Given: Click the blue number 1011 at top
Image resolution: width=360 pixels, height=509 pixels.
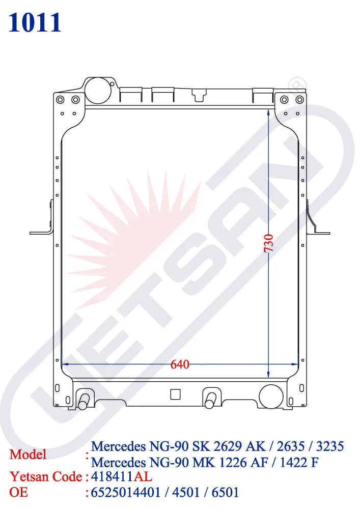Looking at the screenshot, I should [x=35, y=23].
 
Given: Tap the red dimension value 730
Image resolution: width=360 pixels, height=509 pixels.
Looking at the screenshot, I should [x=269, y=243].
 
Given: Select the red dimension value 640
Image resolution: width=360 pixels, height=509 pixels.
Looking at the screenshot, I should [x=180, y=364].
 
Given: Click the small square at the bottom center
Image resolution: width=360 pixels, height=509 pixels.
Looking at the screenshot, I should [x=175, y=394].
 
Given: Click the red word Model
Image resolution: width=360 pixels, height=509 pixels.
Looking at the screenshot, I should [x=28, y=455].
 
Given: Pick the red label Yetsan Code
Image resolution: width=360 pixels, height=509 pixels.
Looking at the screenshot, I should [x=46, y=477].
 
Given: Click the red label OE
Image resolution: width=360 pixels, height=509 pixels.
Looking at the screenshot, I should [x=18, y=492].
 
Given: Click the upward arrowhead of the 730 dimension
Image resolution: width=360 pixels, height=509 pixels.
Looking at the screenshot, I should [x=268, y=111].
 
